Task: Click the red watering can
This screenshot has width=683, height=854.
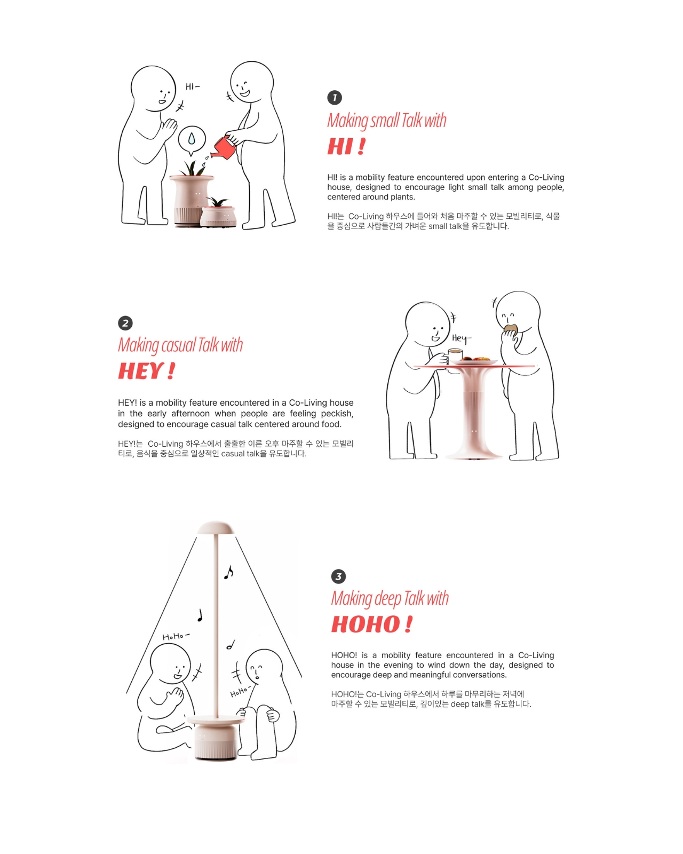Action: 224,147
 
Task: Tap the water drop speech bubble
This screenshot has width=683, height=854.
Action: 192,140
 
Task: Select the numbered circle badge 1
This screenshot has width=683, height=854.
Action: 334,98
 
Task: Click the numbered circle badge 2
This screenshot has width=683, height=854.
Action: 125,323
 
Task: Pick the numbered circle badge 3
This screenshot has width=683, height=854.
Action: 338,576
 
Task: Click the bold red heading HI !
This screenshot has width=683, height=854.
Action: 346,146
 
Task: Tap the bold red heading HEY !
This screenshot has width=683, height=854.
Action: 146,370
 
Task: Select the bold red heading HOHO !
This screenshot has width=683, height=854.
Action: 372,624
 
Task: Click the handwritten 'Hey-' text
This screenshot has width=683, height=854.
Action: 461,338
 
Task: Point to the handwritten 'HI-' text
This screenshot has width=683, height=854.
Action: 192,86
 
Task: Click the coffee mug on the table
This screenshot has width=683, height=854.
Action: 455,356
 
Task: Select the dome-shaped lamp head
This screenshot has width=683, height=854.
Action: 216,528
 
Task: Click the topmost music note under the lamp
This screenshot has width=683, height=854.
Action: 228,572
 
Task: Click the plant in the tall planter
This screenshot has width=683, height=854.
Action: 193,168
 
